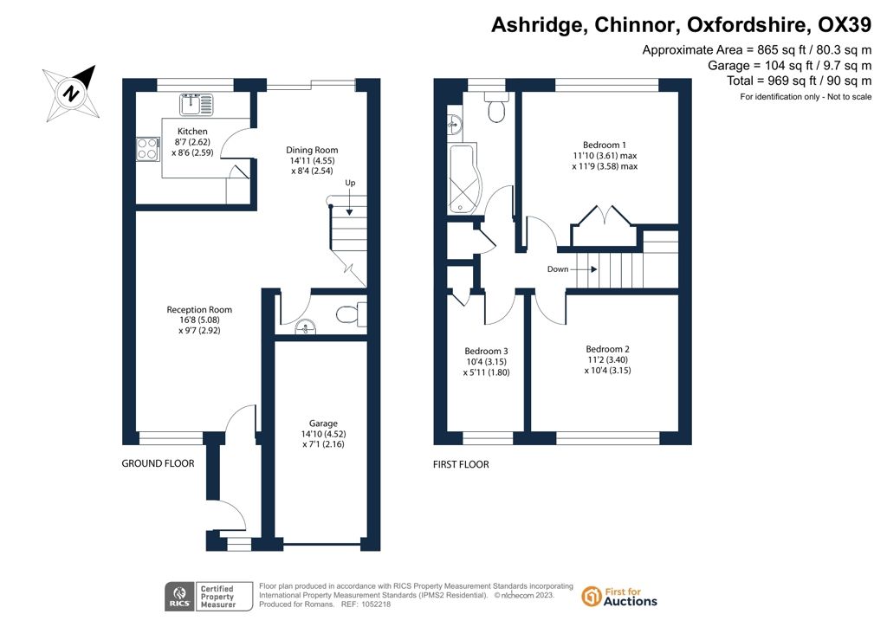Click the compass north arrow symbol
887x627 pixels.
click(71, 94)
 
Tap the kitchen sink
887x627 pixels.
click(197, 105)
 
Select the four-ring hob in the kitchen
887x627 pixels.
click(147, 149)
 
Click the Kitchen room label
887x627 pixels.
click(192, 131)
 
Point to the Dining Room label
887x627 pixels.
click(312, 150)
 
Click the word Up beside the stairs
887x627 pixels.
click(350, 183)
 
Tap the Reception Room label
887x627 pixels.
click(199, 309)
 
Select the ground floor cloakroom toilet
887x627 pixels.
click(351, 314)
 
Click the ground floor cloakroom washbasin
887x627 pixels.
click(306, 326)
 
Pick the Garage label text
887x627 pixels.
click(323, 423)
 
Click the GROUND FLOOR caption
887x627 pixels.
click(158, 463)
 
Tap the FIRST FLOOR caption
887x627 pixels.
click(461, 464)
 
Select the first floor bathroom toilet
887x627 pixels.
click(496, 107)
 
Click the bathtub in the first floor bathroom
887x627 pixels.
click(464, 179)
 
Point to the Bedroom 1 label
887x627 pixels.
click(604, 145)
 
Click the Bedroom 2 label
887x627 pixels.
click(607, 349)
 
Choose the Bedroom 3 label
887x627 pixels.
click(486, 351)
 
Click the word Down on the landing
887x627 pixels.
click(557, 269)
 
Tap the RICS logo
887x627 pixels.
click(179, 597)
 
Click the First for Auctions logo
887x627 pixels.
click(619, 597)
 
